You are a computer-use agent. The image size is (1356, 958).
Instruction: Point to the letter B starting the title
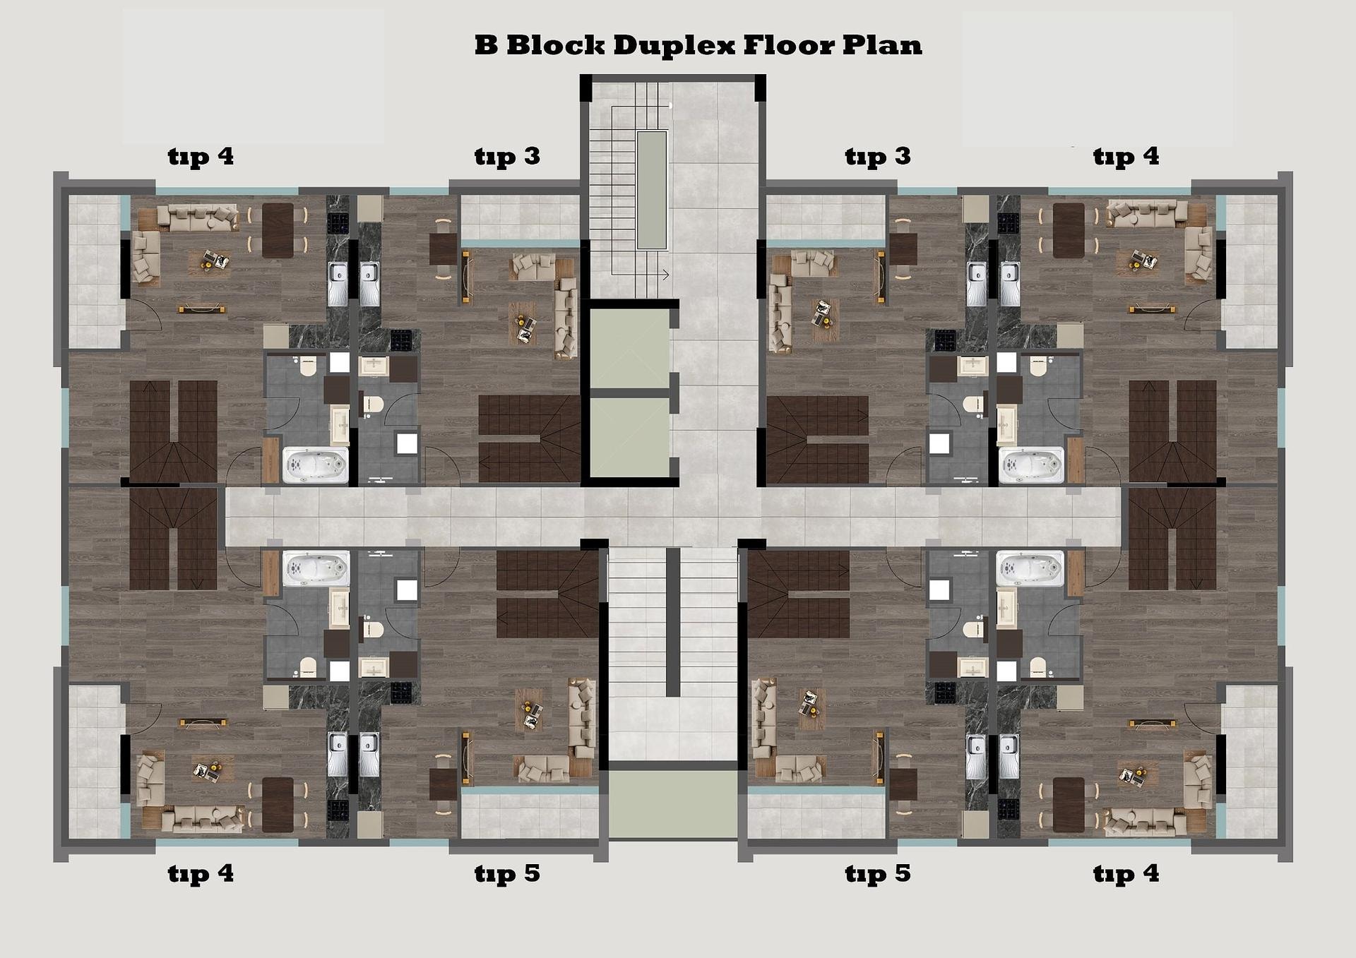click(x=485, y=45)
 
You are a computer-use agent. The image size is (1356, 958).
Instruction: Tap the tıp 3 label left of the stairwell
click(x=507, y=157)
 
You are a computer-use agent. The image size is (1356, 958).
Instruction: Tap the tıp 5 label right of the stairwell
click(x=878, y=874)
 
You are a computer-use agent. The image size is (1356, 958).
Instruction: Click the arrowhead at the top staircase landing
click(x=665, y=275)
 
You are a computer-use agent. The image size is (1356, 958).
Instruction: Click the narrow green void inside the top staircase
click(x=652, y=189)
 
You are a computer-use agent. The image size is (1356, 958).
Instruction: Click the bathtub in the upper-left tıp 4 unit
click(x=316, y=465)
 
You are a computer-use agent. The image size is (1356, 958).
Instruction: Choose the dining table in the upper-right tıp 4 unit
click(x=1069, y=230)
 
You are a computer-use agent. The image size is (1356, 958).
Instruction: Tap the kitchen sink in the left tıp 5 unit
click(x=369, y=755)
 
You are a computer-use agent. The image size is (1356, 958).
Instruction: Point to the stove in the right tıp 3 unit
click(x=946, y=340)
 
